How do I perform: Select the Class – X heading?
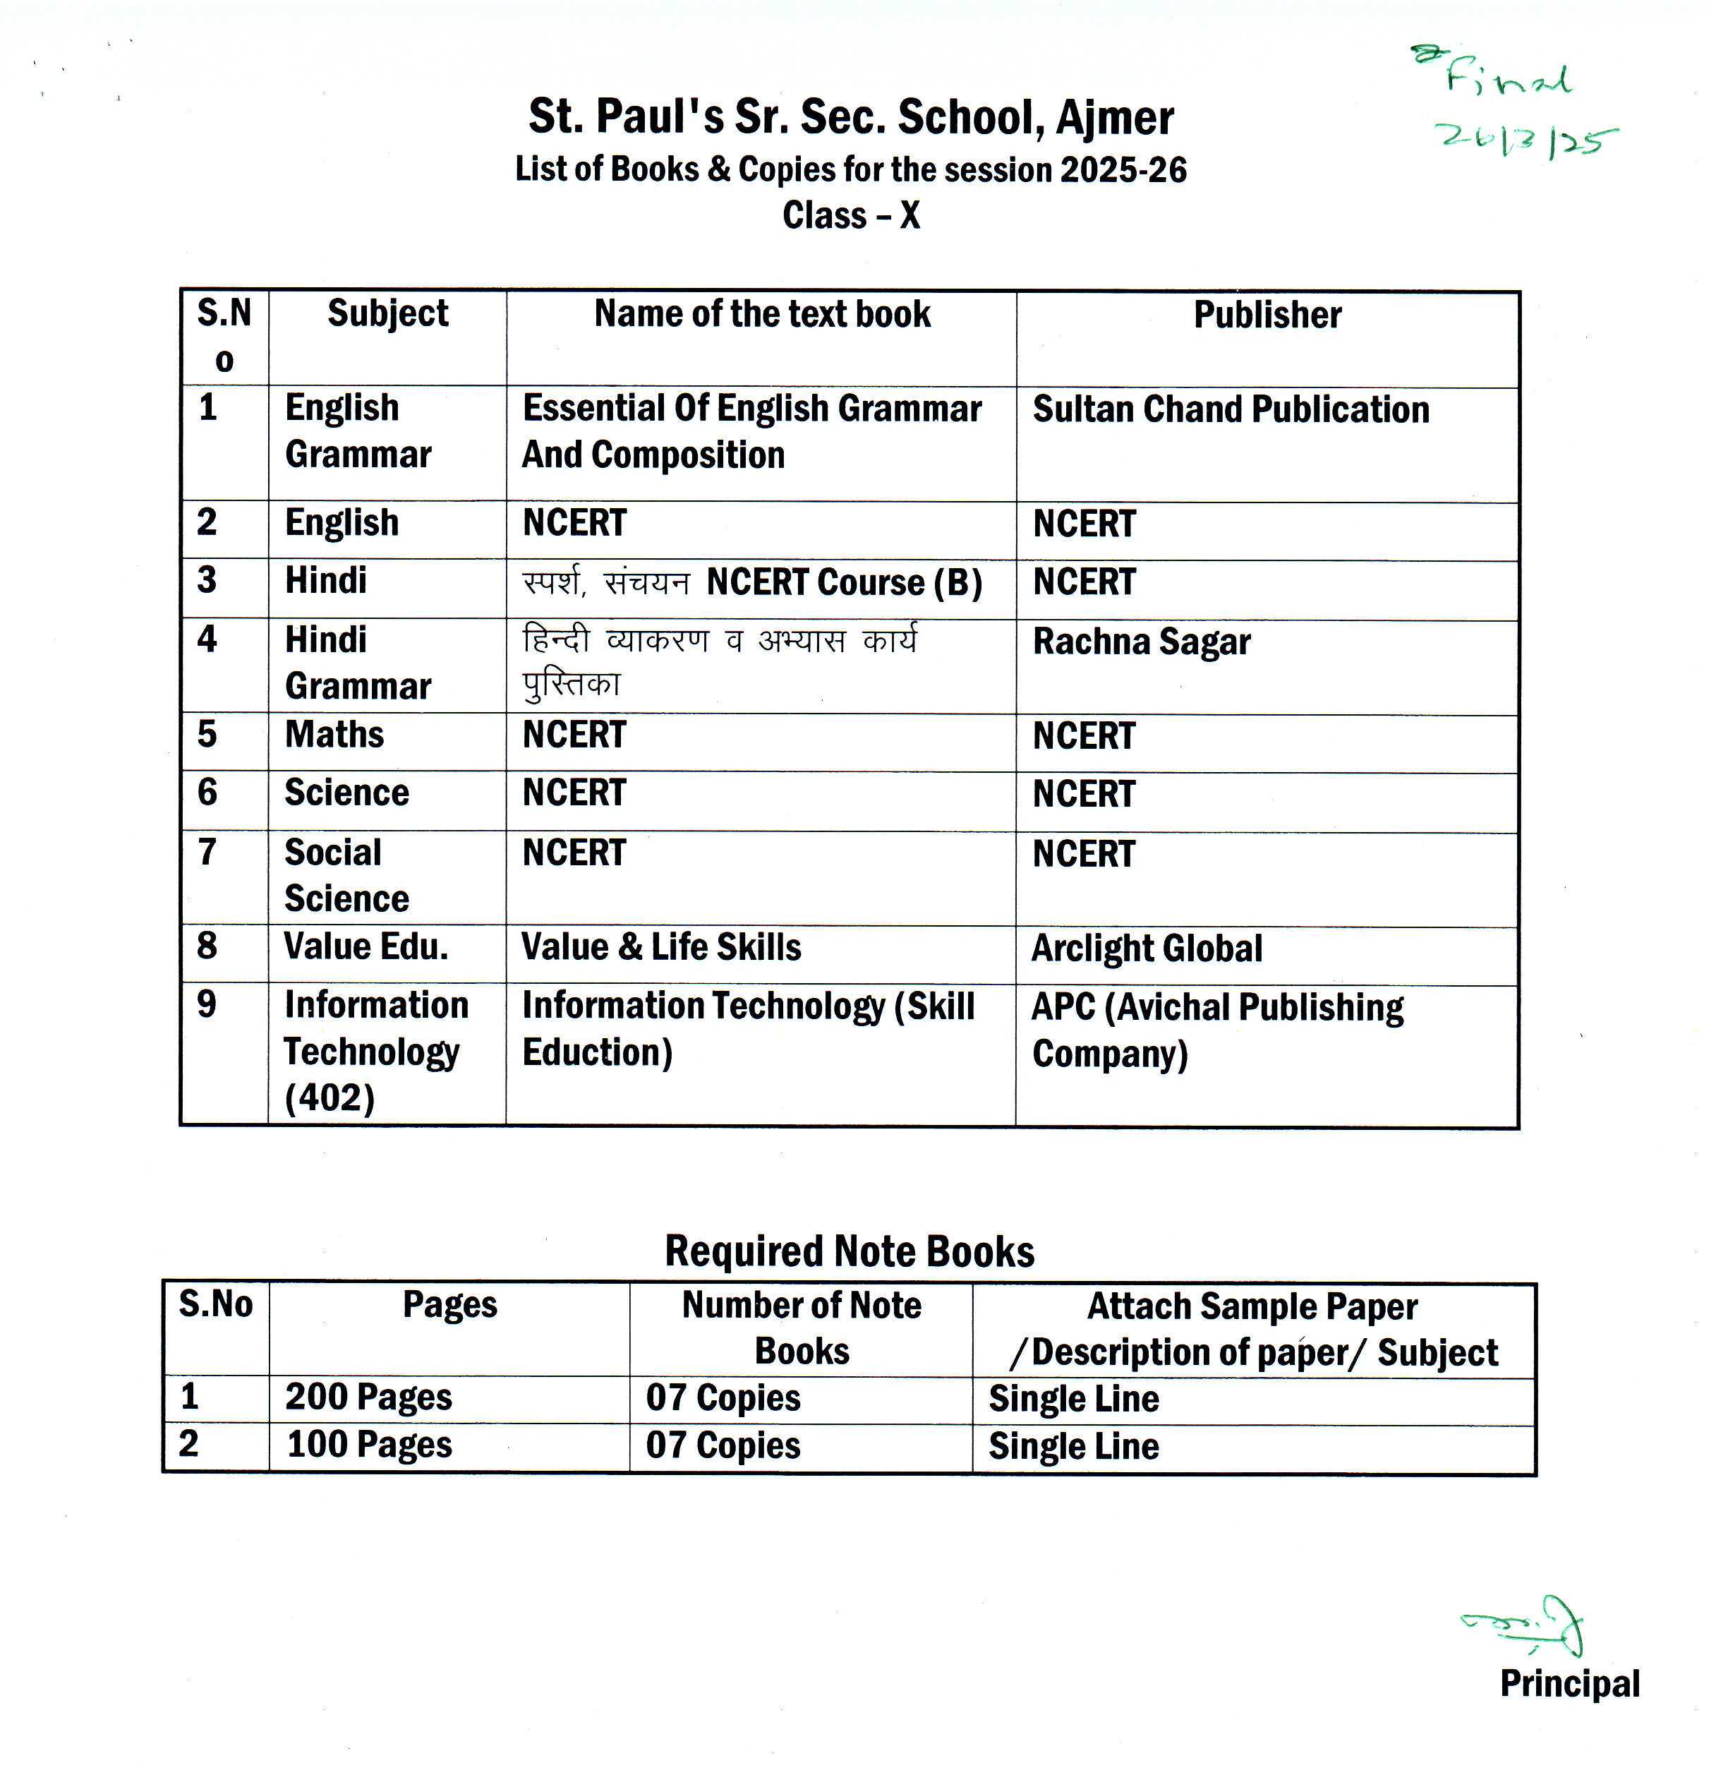[851, 215]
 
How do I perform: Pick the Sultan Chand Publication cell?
[1231, 409]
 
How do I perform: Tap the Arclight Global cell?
[1147, 948]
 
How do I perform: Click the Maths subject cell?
[334, 735]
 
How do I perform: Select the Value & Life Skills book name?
[661, 947]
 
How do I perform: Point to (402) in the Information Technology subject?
[330, 1098]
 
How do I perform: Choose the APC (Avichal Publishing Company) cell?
[1217, 1030]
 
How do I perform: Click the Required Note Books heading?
[850, 1251]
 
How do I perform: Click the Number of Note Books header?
[802, 1328]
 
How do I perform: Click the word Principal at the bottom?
[1569, 1683]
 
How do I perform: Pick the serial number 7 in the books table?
[207, 852]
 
